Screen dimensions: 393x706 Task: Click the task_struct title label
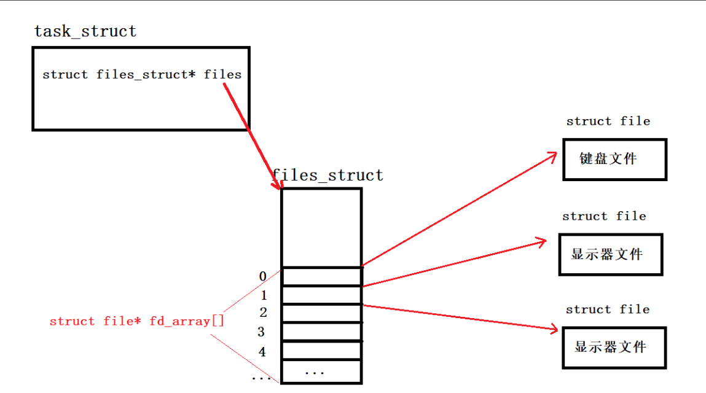(x=85, y=31)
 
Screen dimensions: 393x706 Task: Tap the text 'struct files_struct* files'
(x=142, y=75)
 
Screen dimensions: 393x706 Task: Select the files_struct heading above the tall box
(x=328, y=176)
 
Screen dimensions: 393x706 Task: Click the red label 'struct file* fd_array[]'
(x=137, y=321)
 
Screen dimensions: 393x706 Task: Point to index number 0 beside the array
(x=262, y=276)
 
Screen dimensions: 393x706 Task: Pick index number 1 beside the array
(x=263, y=295)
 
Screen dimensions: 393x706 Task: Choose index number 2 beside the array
(x=263, y=313)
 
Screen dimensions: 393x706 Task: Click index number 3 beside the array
(x=261, y=332)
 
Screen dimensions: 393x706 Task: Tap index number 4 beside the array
(x=262, y=352)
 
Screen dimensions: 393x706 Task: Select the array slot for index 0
(x=321, y=276)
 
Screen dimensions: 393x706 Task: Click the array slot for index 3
(x=321, y=333)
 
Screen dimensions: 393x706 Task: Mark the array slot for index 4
(x=321, y=351)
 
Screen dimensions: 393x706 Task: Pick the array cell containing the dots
(x=321, y=372)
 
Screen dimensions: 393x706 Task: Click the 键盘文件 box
(x=614, y=160)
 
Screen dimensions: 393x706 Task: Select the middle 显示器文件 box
(x=610, y=254)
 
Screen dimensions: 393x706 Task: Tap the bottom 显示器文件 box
(x=614, y=348)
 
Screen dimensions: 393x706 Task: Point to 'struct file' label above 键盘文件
(x=608, y=122)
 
